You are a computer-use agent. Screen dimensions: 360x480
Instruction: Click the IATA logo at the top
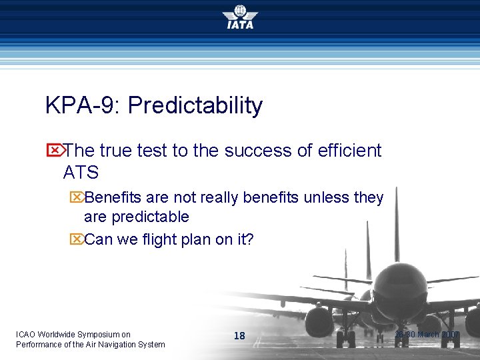[239, 17]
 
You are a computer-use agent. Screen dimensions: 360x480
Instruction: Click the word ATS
[81, 173]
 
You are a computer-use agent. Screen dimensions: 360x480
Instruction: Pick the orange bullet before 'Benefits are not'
[76, 198]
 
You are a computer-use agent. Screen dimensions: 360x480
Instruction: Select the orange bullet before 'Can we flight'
[76, 239]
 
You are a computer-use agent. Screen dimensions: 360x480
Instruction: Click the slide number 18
[239, 336]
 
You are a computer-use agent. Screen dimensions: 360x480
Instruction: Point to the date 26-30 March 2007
[427, 334]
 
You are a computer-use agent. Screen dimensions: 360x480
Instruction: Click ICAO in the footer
[26, 334]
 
